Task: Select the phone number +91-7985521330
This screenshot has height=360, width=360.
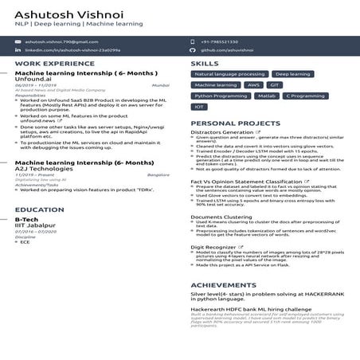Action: (x=219, y=41)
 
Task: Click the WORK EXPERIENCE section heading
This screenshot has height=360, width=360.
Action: (x=49, y=63)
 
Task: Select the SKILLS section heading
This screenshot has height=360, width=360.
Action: (x=205, y=63)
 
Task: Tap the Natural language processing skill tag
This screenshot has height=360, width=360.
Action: (x=229, y=74)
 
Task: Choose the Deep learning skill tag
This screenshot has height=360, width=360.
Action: (x=293, y=74)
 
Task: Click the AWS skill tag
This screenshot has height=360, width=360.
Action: (x=253, y=84)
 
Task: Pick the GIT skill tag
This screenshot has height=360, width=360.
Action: (x=275, y=84)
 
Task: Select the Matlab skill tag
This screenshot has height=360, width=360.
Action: (x=267, y=96)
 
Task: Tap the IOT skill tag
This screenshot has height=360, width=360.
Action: (x=200, y=106)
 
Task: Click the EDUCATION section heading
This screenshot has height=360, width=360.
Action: (x=40, y=209)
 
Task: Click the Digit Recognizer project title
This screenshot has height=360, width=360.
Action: (x=214, y=247)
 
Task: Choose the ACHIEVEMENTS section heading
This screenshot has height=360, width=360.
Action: (x=224, y=284)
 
